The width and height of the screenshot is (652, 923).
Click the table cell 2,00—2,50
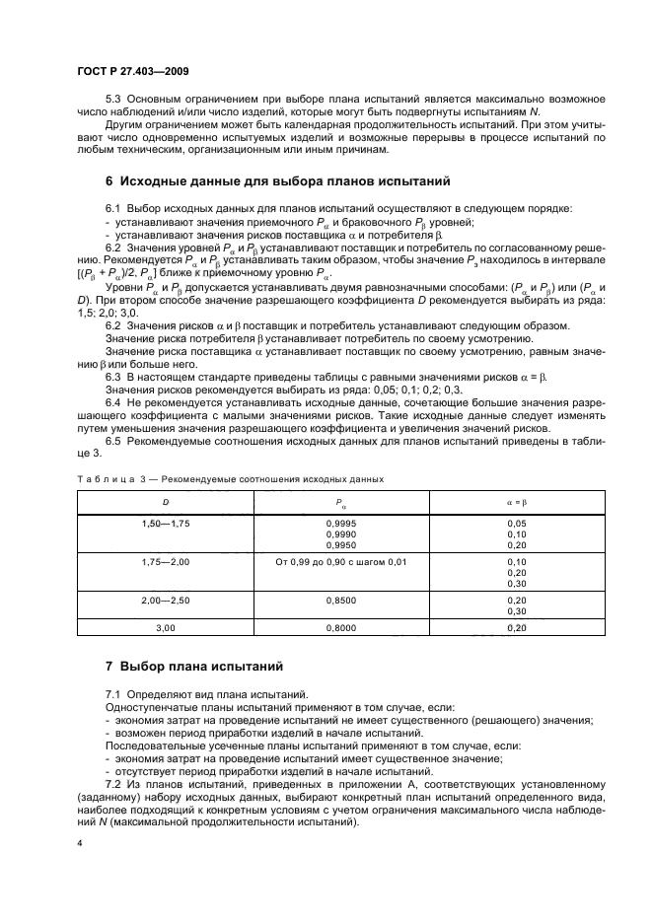[x=165, y=599]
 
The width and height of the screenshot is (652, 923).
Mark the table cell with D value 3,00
[x=165, y=627]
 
